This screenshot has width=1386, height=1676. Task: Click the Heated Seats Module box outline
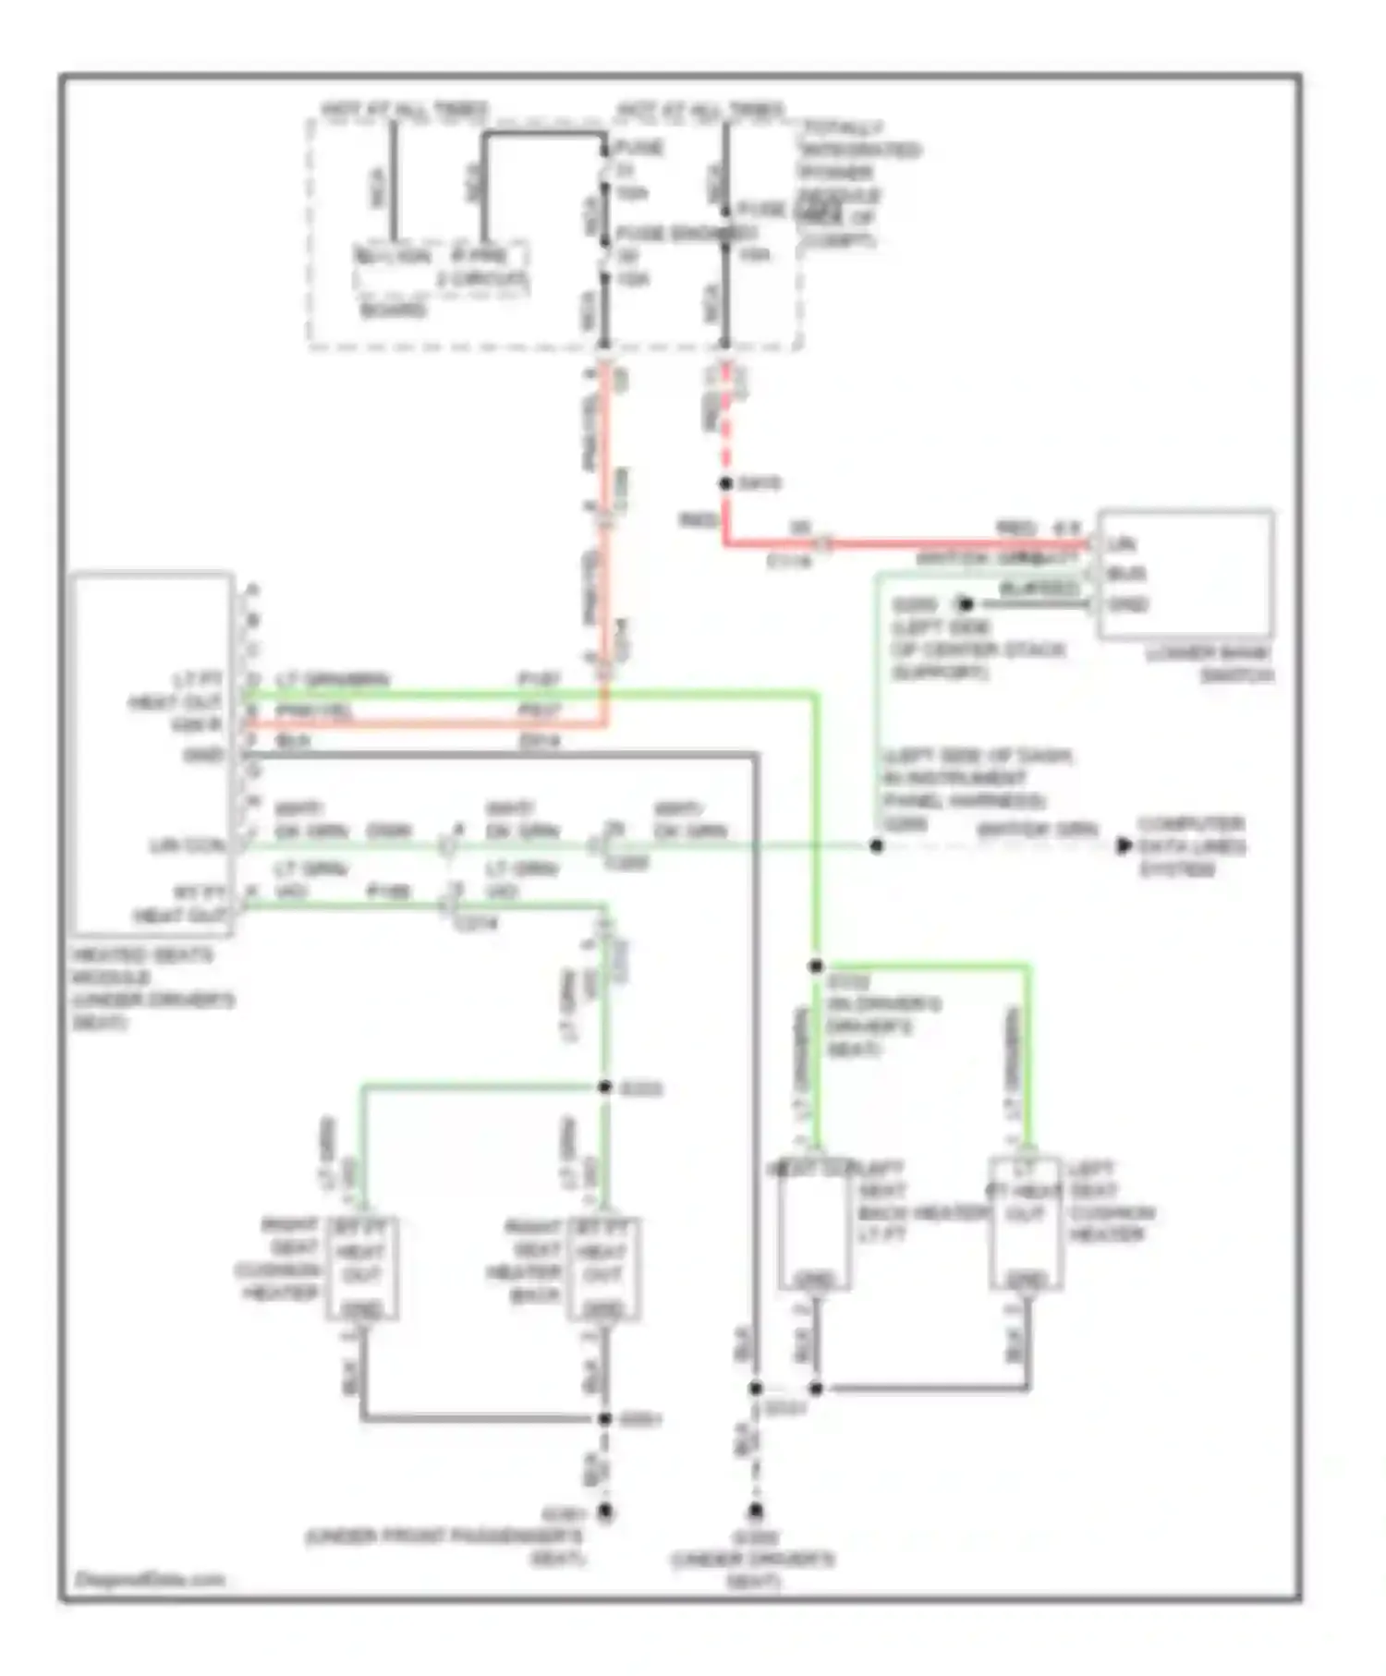(x=152, y=753)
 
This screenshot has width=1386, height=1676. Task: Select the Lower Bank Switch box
(x=1185, y=573)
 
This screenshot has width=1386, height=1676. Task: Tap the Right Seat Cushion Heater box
(x=361, y=1267)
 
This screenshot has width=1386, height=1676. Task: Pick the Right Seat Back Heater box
(x=602, y=1267)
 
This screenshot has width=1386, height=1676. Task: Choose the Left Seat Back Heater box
(x=814, y=1223)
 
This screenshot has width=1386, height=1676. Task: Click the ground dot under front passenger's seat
(x=605, y=1512)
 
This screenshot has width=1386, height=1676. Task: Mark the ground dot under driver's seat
(x=756, y=1512)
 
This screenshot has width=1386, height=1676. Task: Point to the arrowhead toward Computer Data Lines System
(x=1124, y=845)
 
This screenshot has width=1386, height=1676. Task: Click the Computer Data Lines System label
(x=1191, y=845)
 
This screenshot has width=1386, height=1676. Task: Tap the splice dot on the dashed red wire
(x=726, y=483)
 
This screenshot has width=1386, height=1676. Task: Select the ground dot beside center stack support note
(x=966, y=604)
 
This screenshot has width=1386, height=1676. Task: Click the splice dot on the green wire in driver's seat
(x=816, y=966)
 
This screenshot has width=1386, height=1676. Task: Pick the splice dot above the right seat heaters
(x=605, y=1087)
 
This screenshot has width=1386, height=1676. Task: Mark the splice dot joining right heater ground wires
(x=605, y=1418)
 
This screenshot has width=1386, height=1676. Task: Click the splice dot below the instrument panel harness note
(x=877, y=845)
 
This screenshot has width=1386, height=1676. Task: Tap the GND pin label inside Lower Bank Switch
(x=1127, y=604)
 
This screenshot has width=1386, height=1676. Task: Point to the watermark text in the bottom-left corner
(x=149, y=1579)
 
